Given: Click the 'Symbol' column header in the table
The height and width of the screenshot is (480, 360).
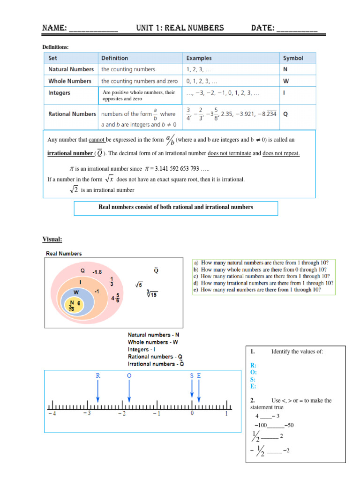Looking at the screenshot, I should coord(293,58).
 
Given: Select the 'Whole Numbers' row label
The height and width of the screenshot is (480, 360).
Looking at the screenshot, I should coord(70,81).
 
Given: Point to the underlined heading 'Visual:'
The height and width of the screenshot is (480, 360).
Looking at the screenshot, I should coord(52,240).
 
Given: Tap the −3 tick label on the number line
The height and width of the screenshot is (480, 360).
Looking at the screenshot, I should coord(87,413).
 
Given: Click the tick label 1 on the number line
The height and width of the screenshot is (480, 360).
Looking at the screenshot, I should coord(226,413).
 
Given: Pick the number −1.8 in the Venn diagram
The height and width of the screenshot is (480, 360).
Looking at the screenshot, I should coord(97,271).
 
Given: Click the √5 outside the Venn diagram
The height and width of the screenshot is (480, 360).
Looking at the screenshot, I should coord(139,285).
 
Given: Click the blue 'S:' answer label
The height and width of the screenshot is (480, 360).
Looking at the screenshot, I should coord(254,379).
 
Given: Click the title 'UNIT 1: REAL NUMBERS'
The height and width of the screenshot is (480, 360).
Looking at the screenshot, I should coord(180,28).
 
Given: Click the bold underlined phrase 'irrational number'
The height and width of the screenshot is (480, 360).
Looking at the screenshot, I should coord(70,153).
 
